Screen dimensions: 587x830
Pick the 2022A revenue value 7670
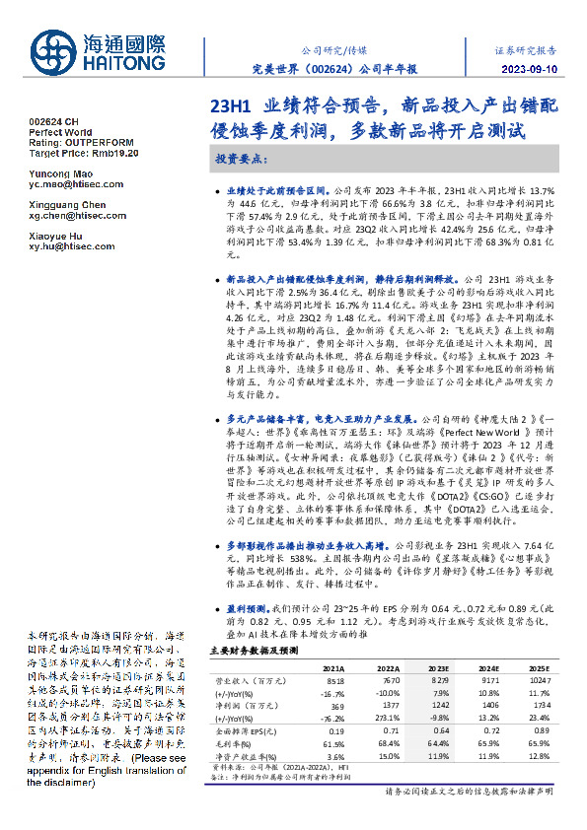pyautogui.click(x=392, y=680)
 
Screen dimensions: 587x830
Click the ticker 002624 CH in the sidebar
pyautogui.click(x=53, y=120)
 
